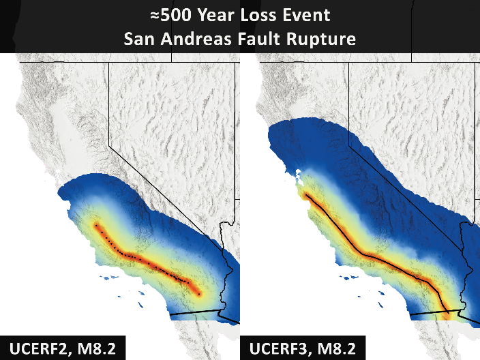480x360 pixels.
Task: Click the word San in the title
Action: click(138, 39)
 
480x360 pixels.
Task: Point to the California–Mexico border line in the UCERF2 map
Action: click(194, 314)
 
